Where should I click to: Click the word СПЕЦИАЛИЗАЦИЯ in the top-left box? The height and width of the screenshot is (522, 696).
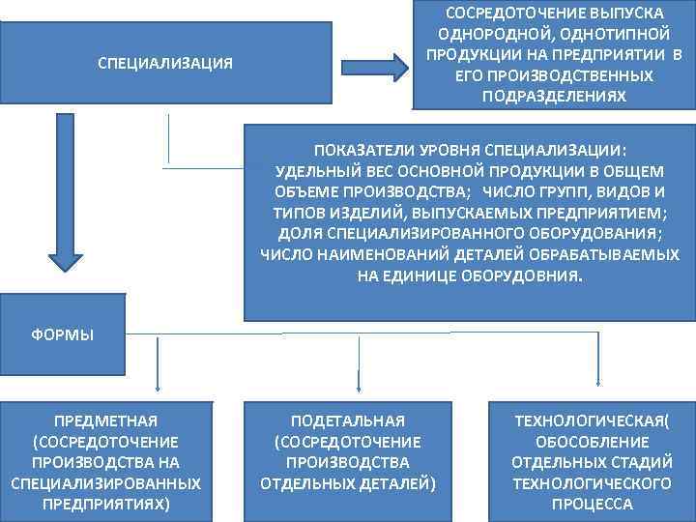click(x=165, y=63)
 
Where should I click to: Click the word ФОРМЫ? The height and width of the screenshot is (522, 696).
click(x=62, y=335)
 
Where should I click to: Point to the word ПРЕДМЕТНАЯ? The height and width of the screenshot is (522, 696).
click(x=106, y=420)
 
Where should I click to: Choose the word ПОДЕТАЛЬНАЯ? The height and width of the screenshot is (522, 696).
click(x=348, y=420)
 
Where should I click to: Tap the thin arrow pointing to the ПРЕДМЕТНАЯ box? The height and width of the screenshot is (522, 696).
click(x=158, y=362)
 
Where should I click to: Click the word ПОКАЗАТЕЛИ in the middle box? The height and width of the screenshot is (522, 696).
click(x=361, y=150)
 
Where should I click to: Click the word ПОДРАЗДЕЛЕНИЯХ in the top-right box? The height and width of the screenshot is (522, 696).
click(x=554, y=97)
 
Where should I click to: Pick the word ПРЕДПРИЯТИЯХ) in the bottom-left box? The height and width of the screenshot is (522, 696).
click(x=106, y=504)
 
